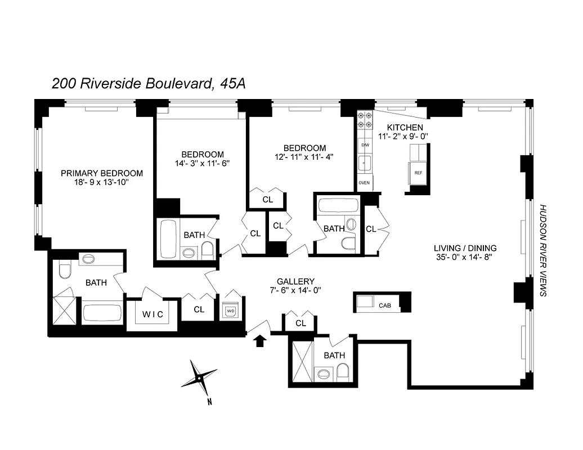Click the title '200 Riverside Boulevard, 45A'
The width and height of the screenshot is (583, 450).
(149, 84)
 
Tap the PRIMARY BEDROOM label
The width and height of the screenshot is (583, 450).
(102, 174)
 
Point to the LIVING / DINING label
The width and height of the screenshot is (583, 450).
(465, 248)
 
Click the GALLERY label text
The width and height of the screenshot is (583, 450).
(295, 281)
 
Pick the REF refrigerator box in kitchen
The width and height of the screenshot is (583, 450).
(418, 173)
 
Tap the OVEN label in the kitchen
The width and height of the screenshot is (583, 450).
(364, 183)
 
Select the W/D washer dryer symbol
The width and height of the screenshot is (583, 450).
(231, 310)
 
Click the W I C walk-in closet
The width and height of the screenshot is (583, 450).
(153, 315)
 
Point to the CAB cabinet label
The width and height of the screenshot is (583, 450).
(385, 306)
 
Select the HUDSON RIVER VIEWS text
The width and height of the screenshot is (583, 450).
(543, 250)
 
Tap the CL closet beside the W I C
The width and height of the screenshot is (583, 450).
(199, 309)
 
